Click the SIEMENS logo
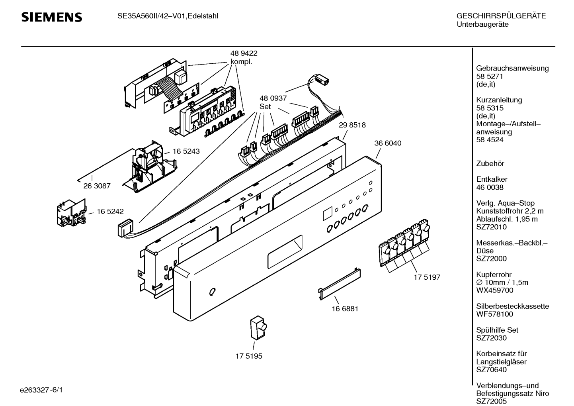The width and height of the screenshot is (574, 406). (52, 17)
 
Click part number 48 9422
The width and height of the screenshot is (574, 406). (244, 53)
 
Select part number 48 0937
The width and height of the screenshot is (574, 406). (273, 98)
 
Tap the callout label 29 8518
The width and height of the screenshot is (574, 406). (352, 125)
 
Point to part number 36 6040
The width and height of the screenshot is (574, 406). (388, 143)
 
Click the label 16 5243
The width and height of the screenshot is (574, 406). (186, 151)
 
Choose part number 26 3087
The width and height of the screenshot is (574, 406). (97, 186)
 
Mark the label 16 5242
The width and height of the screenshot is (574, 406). (110, 212)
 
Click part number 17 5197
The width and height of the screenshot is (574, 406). (427, 277)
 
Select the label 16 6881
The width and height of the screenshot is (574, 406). (345, 308)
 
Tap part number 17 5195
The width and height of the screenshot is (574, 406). (249, 356)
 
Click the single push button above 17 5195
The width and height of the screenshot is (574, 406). (258, 328)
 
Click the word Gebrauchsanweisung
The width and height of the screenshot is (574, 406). (512, 68)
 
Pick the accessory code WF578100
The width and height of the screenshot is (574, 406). (494, 314)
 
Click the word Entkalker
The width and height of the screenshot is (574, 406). (492, 179)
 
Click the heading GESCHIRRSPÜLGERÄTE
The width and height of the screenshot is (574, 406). (501, 16)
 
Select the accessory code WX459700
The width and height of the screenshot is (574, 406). (495, 290)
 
